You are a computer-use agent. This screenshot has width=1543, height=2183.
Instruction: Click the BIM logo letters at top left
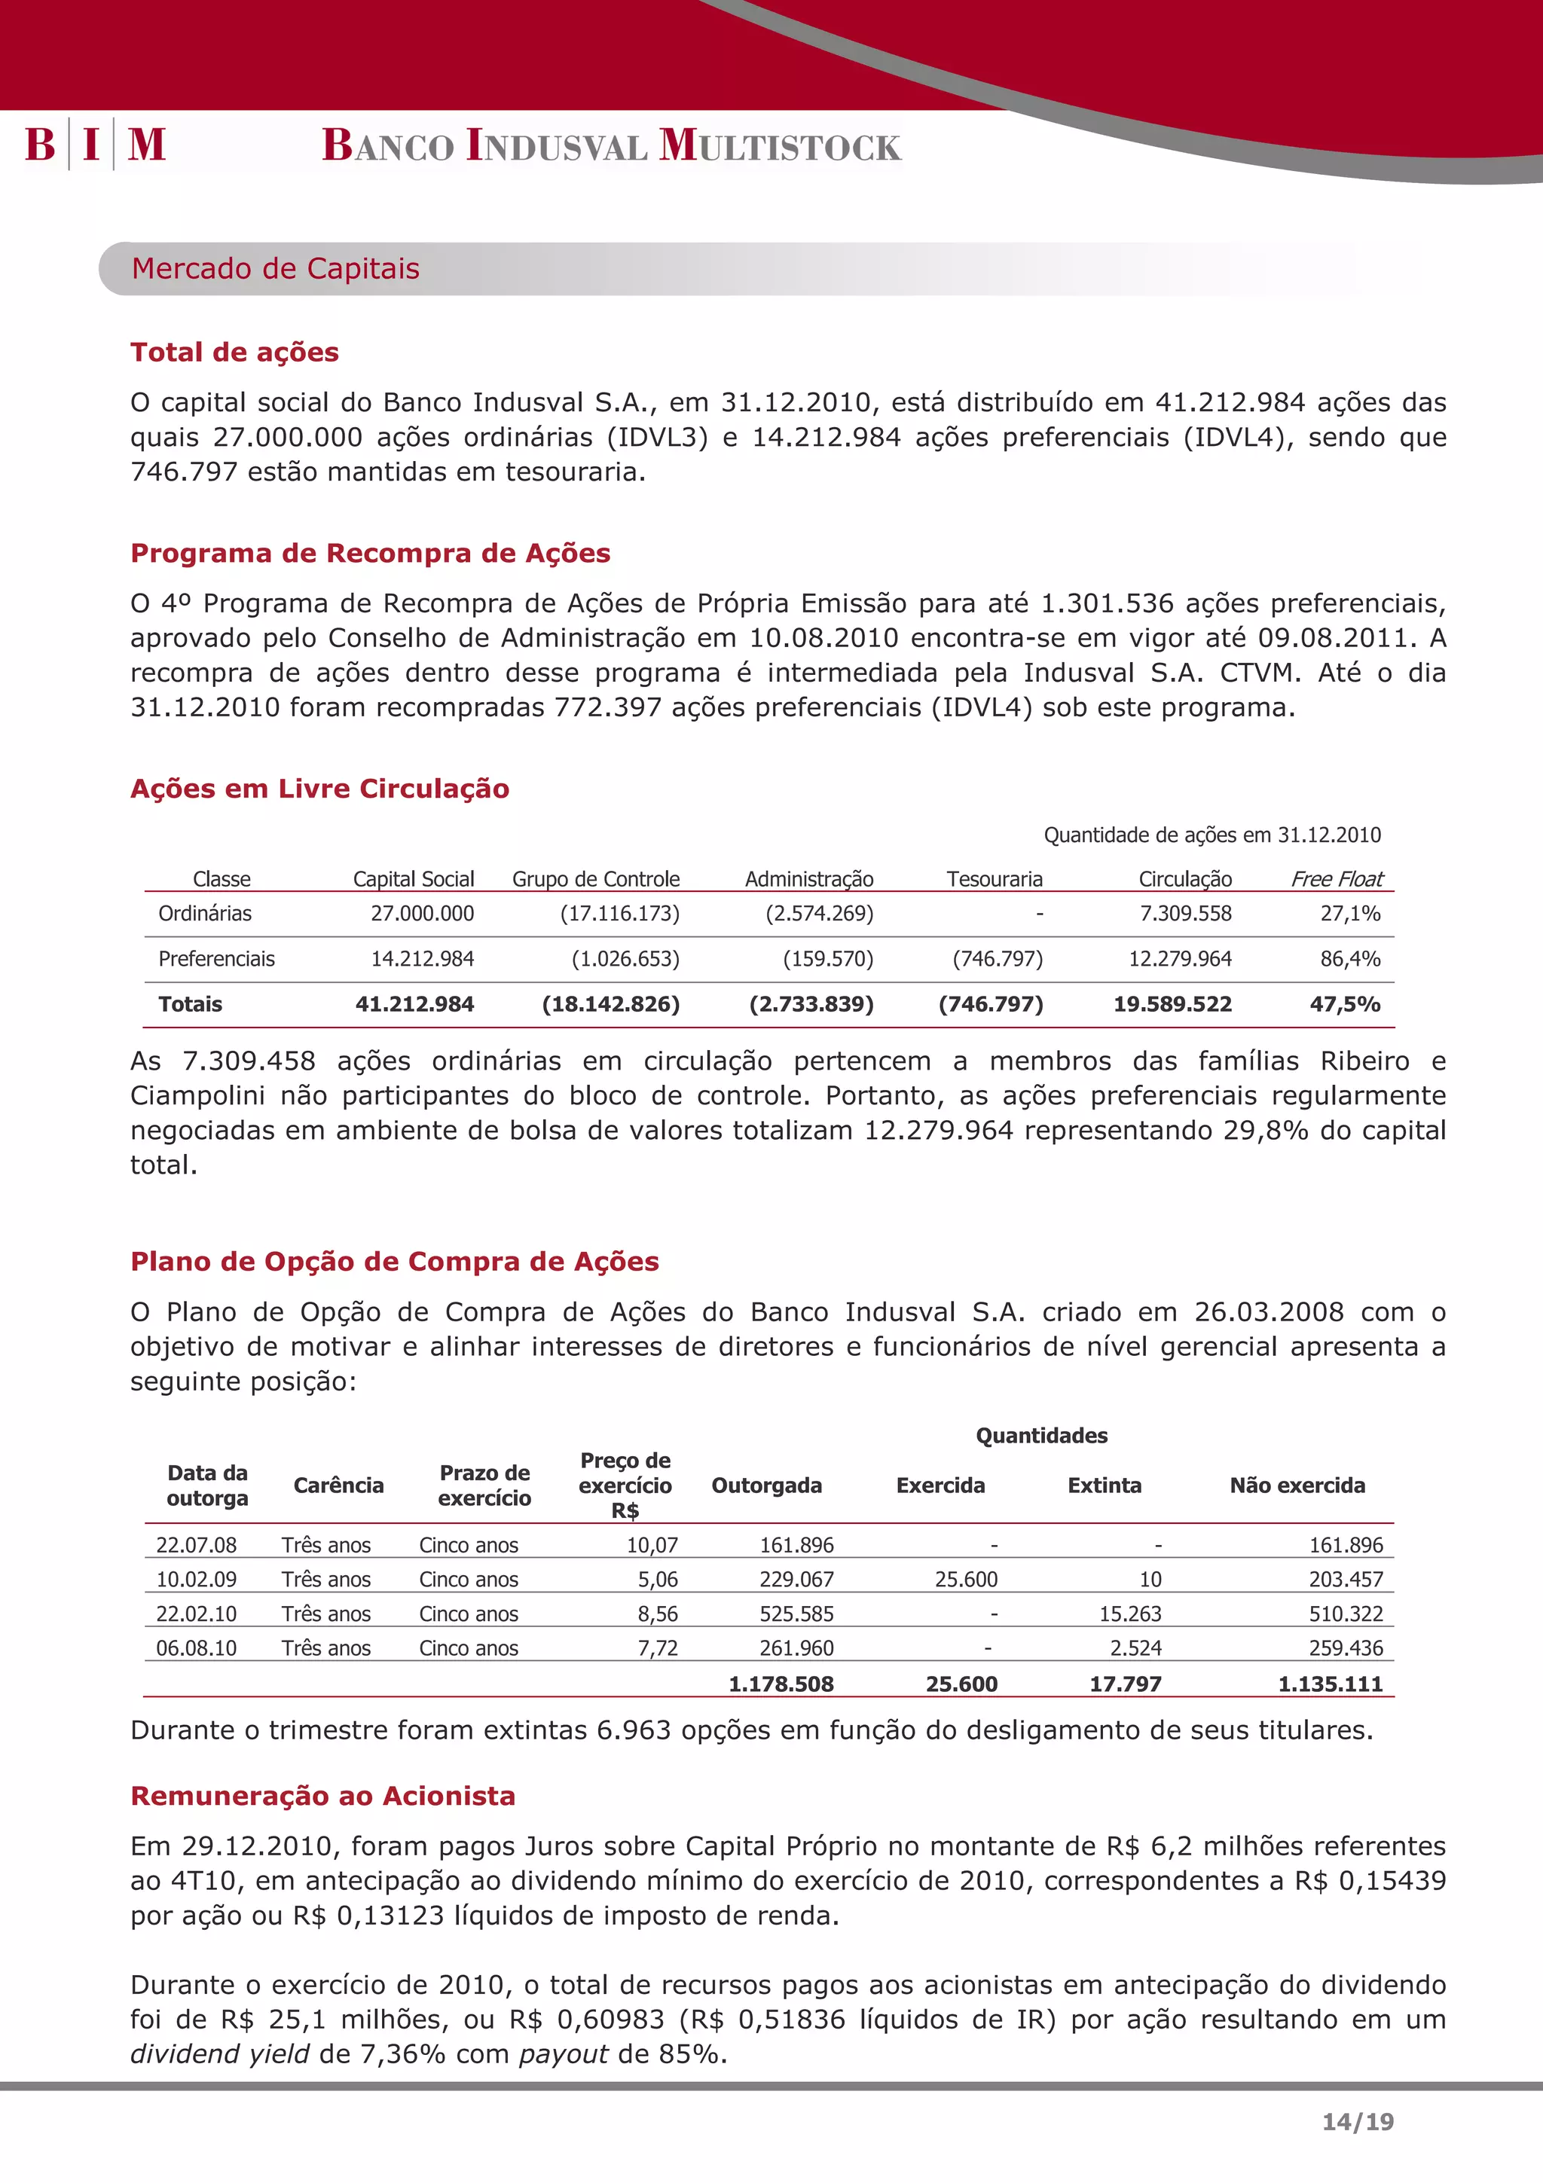pos(95,145)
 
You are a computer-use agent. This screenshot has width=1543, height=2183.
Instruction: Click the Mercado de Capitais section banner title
pos(275,269)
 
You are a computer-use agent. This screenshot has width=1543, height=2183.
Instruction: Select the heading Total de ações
pos(234,353)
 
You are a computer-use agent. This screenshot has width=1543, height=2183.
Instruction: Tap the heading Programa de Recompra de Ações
pos(370,554)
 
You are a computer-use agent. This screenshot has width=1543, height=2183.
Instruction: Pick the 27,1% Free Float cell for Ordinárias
pos(1349,914)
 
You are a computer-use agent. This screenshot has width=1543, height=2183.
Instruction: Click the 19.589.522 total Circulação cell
pos(1172,1005)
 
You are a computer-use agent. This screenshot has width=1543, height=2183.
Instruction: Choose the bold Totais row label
pos(190,1005)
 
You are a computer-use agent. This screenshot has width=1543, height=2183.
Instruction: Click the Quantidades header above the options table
pos(1041,1436)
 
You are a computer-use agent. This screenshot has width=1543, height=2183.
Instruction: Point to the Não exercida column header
pos(1297,1485)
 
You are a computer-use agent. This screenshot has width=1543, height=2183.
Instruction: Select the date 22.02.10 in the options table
pos(196,1614)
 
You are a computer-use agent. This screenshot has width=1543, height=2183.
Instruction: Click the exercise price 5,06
pos(657,1580)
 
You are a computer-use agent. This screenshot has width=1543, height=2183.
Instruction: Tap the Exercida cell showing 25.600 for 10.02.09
pos(966,1580)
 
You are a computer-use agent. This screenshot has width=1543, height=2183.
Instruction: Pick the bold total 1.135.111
pos(1329,1684)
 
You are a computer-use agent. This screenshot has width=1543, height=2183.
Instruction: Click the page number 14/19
pos(1358,2121)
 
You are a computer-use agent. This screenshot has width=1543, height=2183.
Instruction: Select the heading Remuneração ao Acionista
pos(322,1796)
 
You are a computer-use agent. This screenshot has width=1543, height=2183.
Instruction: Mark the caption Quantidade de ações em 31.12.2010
pos(1211,835)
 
